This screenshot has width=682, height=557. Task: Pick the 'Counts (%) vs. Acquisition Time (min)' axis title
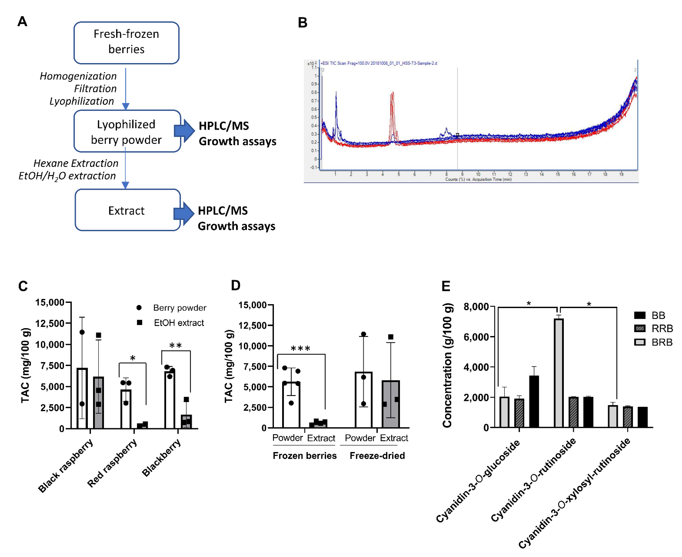478,179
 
